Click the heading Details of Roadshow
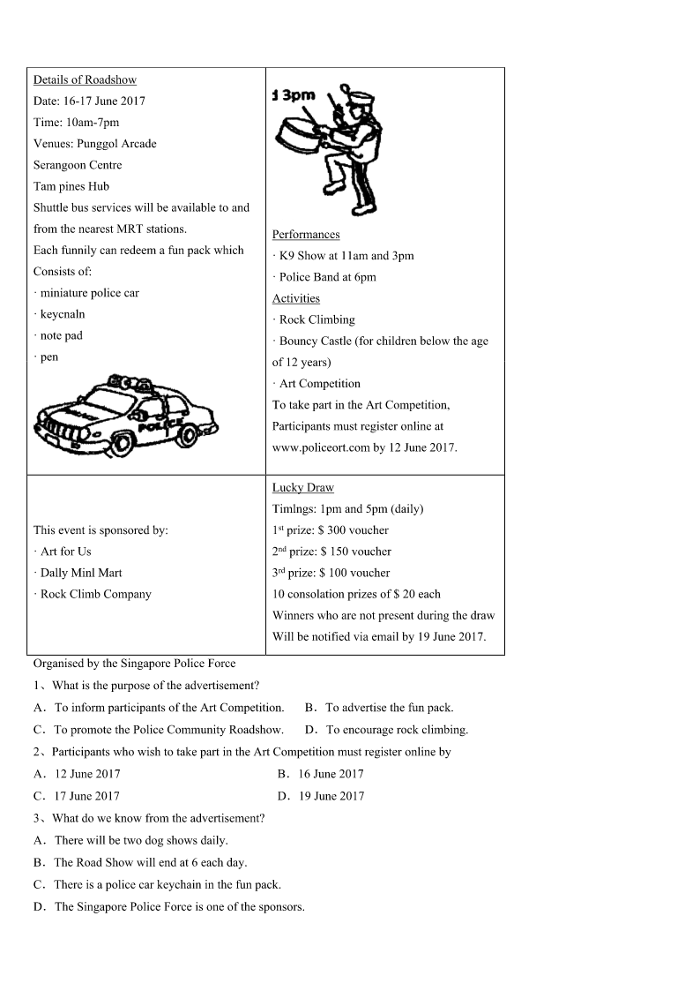[85, 79]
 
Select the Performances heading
[305, 235]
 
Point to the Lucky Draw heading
[302, 488]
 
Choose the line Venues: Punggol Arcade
[94, 144]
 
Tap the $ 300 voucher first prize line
[330, 530]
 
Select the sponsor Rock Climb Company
[95, 594]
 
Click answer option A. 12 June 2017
[77, 774]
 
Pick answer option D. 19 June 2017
[320, 796]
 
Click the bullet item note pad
[61, 335]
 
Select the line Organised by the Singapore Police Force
[134, 664]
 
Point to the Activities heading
[295, 298]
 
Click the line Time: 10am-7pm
[76, 123]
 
